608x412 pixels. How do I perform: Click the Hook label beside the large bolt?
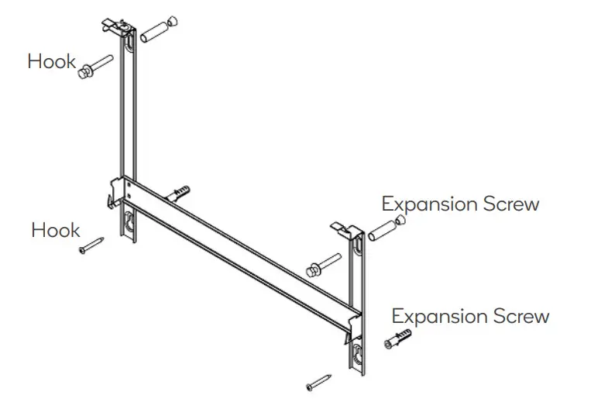[x=52, y=61]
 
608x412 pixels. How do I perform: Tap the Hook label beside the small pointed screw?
[x=56, y=230]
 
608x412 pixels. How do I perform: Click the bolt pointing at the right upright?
[x=325, y=263]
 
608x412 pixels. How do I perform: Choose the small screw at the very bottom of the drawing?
[x=318, y=382]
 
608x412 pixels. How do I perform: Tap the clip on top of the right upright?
[x=346, y=228]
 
